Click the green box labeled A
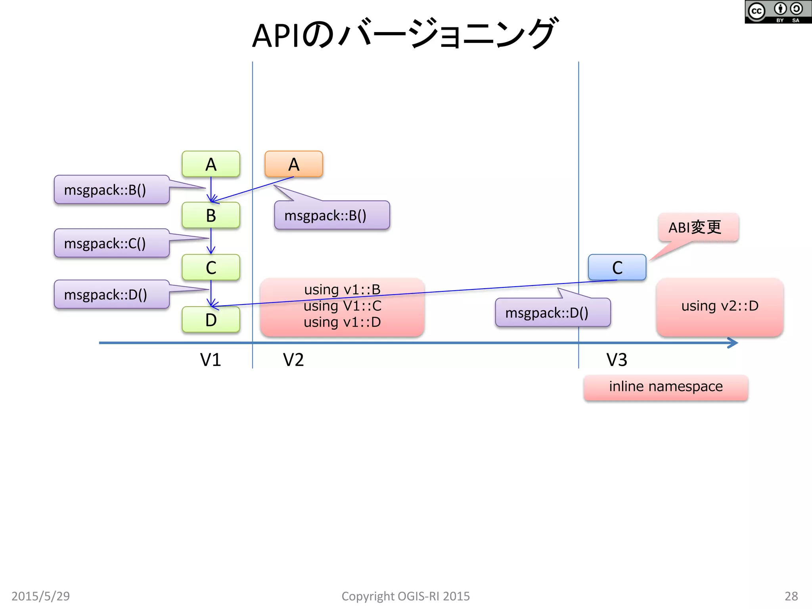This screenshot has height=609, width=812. (x=211, y=164)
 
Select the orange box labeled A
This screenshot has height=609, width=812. (x=293, y=164)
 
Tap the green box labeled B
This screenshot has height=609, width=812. (x=211, y=215)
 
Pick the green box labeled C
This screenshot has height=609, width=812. (x=211, y=267)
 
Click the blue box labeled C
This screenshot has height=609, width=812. (x=617, y=267)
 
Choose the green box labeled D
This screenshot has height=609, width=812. (x=211, y=320)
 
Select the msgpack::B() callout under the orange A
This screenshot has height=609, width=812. (x=332, y=215)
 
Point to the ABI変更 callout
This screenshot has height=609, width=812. (x=698, y=227)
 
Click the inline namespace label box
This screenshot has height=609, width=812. (x=666, y=387)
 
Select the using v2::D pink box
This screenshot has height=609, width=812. (x=720, y=306)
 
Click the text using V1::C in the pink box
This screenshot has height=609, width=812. (x=342, y=306)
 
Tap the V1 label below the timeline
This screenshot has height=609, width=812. (x=210, y=360)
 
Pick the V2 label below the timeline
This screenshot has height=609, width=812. (x=293, y=360)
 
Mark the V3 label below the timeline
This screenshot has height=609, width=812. (x=617, y=360)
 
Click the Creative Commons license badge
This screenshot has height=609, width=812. (x=778, y=12)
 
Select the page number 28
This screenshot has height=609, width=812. (x=791, y=596)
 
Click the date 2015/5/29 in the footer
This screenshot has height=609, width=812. (x=40, y=596)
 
